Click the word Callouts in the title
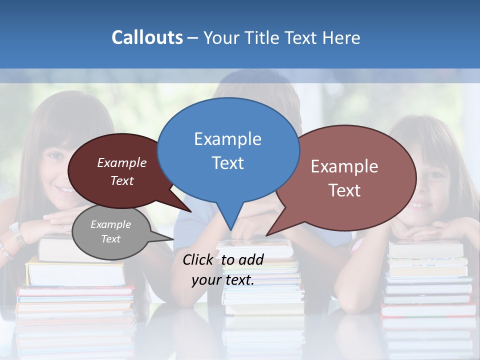[147, 37]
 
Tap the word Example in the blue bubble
[227, 139]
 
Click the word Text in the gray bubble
[110, 239]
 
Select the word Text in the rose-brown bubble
[344, 190]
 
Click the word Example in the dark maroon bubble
[121, 163]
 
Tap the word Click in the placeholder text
[199, 259]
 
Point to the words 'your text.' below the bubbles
[223, 280]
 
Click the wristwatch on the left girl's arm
[16, 232]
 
